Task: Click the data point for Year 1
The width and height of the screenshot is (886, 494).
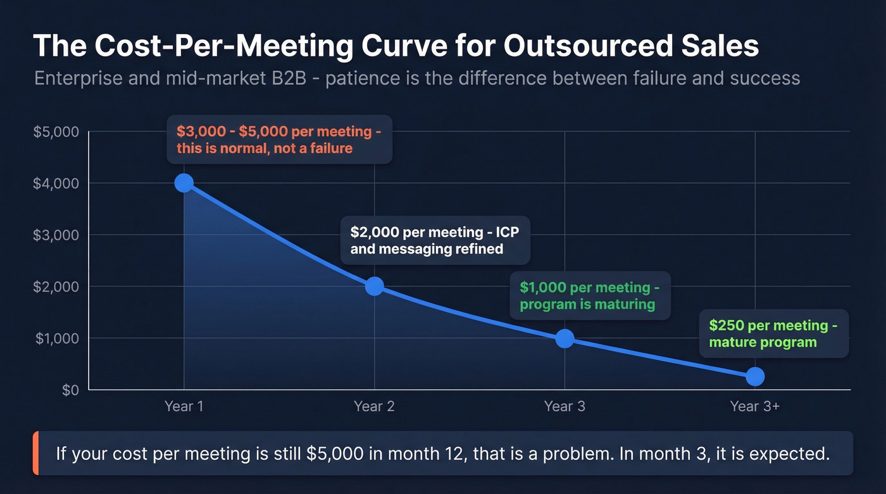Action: (x=184, y=183)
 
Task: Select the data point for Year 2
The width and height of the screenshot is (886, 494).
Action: (x=374, y=286)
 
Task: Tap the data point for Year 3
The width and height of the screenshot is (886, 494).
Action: (x=565, y=338)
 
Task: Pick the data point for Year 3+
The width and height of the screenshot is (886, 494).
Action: (x=754, y=377)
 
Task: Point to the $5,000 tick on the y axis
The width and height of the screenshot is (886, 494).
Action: (x=56, y=132)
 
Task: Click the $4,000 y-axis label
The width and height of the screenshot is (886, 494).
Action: (x=56, y=183)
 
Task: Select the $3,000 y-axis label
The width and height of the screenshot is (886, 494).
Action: (x=56, y=235)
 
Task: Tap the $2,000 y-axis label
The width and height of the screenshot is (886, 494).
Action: (x=56, y=287)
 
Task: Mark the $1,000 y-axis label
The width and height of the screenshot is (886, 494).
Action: (x=56, y=338)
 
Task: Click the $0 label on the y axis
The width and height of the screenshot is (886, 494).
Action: (x=70, y=390)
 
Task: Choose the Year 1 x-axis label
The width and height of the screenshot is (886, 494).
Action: (x=184, y=406)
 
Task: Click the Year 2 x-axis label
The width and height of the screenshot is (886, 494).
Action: (x=374, y=406)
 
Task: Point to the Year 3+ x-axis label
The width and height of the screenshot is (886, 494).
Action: (x=754, y=406)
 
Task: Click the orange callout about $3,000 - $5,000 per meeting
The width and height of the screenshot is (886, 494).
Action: (x=279, y=140)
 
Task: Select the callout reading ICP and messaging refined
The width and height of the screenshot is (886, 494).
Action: (x=435, y=240)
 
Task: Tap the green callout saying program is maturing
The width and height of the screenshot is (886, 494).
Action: (x=590, y=295)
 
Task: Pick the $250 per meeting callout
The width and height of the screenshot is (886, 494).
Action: (x=773, y=333)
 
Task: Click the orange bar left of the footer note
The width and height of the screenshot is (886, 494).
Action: (x=35, y=453)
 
